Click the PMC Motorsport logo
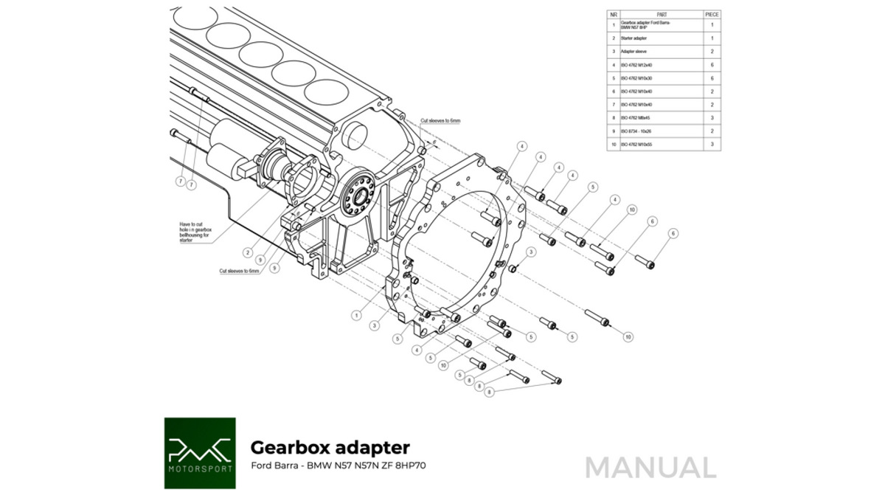[x=200, y=452]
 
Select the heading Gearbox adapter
[x=330, y=447]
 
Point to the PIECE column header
[x=712, y=13]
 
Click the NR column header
[x=614, y=13]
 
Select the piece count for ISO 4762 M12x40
[x=712, y=65]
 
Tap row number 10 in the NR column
[x=614, y=144]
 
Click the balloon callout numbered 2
[x=249, y=253]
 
